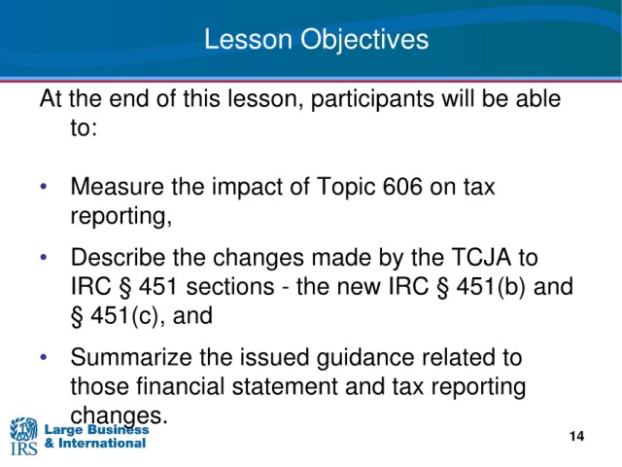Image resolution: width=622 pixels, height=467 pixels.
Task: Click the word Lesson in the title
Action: [249, 39]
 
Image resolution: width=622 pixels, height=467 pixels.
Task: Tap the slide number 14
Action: [576, 436]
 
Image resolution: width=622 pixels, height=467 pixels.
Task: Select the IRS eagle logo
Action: [23, 436]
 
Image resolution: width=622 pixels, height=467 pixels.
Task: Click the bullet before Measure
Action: [44, 186]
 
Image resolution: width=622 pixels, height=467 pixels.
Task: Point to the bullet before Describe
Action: [44, 257]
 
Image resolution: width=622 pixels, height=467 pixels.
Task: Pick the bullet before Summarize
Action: [44, 357]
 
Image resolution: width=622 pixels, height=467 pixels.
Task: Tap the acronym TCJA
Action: [481, 257]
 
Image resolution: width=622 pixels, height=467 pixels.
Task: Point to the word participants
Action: [372, 100]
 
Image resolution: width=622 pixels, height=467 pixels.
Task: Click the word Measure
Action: [117, 186]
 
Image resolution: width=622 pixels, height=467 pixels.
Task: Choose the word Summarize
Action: [131, 357]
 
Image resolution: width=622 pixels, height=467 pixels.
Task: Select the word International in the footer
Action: [102, 444]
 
